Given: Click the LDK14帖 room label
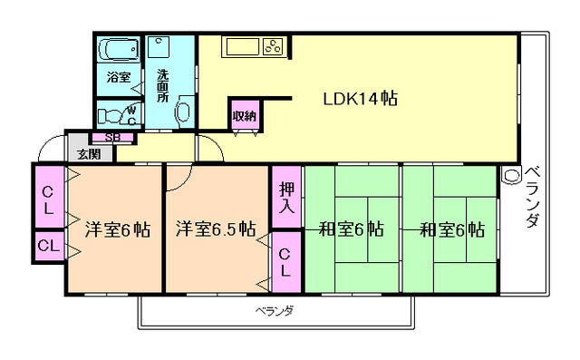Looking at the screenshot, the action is coord(361,99).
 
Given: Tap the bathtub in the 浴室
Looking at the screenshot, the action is coord(119,49).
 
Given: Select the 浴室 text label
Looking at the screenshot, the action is coord(119,77).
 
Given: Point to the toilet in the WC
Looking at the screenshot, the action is coord(110,116).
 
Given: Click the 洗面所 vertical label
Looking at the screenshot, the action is coord(163,85).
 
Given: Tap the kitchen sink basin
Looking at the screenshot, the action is coord(243,47).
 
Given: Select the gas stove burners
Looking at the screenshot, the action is coord(273,47).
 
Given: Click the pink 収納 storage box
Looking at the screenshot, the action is coord(245,116).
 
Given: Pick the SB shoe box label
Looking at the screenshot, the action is coord(112,137).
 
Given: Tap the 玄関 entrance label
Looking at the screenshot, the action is coord(89,154).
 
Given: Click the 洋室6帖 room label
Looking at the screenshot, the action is coord(118,229).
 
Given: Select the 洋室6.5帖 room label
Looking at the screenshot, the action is coord(216,229).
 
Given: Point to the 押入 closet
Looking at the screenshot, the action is coord(286,197).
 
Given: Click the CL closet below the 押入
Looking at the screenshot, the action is coord(286,262).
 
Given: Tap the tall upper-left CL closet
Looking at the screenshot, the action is coord(49,197).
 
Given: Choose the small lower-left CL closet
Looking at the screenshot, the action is coord(49,246).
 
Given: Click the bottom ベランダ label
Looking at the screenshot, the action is coord(275,312).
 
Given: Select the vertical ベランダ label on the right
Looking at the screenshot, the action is coord(532,197).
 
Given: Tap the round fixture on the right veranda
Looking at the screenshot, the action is coord(511,175).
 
